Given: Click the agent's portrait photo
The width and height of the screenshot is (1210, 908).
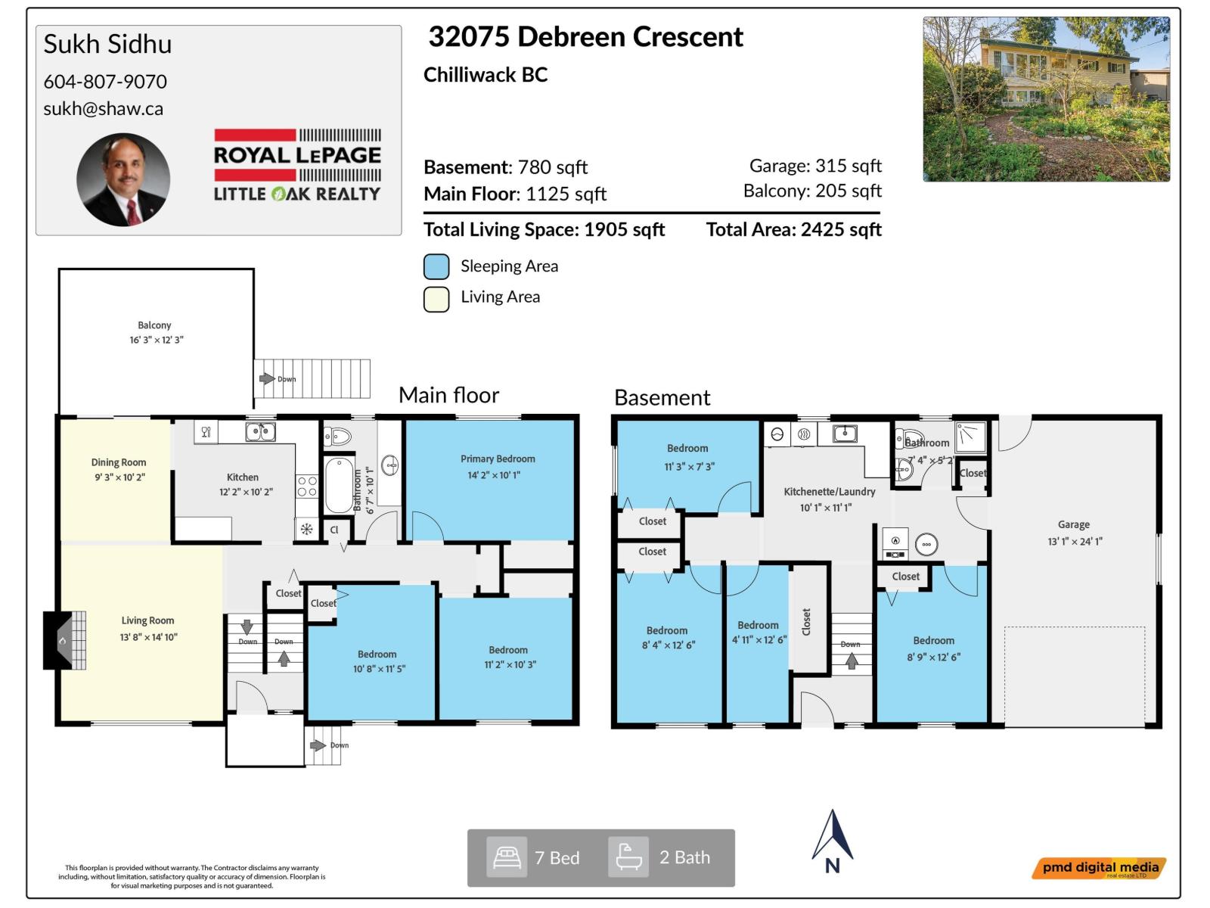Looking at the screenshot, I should tap(123, 180).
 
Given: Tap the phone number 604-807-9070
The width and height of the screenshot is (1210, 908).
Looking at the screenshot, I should tap(105, 82).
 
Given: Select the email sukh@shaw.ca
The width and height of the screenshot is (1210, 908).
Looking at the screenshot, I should tap(103, 109).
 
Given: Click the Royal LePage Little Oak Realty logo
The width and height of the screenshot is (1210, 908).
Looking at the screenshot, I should tap(297, 165).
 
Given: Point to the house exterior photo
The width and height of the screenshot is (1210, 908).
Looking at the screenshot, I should tap(1046, 99).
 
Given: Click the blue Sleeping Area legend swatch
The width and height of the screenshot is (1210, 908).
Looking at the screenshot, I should tap(436, 266).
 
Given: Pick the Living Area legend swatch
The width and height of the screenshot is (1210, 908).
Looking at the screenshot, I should tap(436, 299).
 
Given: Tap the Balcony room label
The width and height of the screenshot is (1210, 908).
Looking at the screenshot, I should tap(154, 325).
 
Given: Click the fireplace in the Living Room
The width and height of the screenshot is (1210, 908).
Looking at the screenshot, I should tap(65, 640).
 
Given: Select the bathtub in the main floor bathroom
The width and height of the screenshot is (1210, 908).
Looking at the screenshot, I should tap(339, 485).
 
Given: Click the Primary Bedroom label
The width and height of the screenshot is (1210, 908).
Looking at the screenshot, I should tap(498, 459).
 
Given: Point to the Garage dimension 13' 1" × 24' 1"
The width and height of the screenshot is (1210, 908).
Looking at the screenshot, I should tap(1075, 542).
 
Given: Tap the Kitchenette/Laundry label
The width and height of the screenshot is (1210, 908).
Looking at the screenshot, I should tap(829, 492).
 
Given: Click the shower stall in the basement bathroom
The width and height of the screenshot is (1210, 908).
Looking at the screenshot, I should tap(970, 437).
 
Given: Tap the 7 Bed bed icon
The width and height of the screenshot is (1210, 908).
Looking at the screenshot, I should tap(506, 857).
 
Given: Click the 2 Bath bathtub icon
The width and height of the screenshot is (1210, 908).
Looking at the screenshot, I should tap(628, 857).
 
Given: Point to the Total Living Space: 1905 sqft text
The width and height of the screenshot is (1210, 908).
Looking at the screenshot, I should tap(544, 230).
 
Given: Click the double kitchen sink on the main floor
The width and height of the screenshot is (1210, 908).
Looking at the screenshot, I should tap(260, 432).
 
